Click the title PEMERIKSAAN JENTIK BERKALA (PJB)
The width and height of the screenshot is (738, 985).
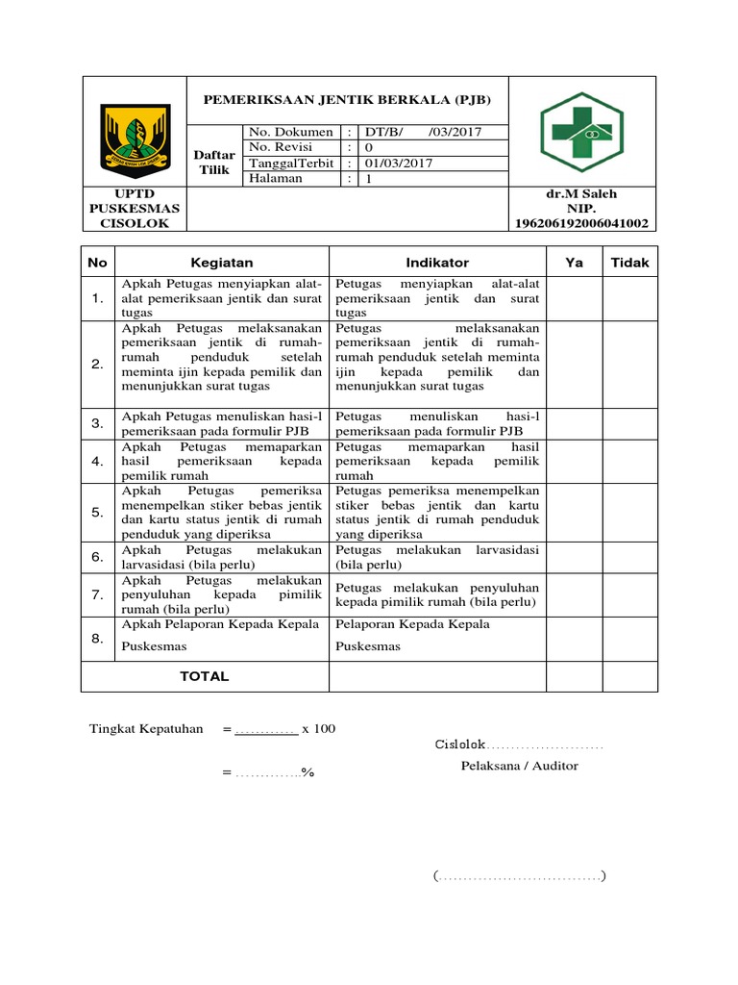tap(346, 100)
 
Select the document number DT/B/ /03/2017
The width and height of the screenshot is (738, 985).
tap(421, 132)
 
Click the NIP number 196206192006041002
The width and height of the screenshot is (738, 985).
tap(581, 223)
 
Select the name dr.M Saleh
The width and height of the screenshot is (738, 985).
tap(581, 193)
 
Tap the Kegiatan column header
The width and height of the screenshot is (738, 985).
tap(221, 262)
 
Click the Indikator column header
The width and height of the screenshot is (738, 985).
tap(437, 262)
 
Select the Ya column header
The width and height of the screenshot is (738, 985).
tap(575, 262)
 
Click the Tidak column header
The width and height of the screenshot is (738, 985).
tap(630, 262)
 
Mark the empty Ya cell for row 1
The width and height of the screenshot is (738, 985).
tap(575, 299)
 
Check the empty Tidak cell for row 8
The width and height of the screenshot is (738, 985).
tap(630, 638)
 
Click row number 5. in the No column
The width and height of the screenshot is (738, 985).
tap(98, 512)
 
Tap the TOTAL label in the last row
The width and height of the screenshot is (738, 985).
tap(204, 676)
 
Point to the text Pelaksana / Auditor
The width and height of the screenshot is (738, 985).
tap(520, 766)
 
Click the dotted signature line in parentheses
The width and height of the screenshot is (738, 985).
tap(519, 876)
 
